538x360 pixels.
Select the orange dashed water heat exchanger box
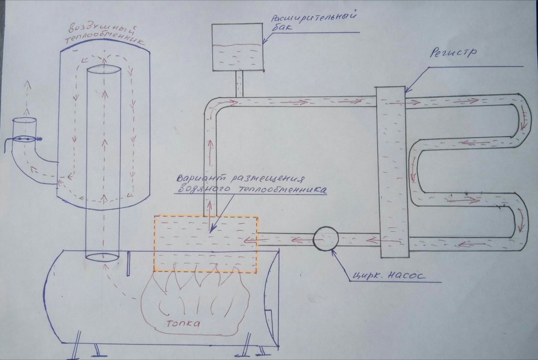(206, 244)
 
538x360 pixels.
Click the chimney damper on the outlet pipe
(25, 139)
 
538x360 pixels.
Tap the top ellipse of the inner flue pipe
(104, 70)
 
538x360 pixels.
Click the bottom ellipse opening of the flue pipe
(102, 255)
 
